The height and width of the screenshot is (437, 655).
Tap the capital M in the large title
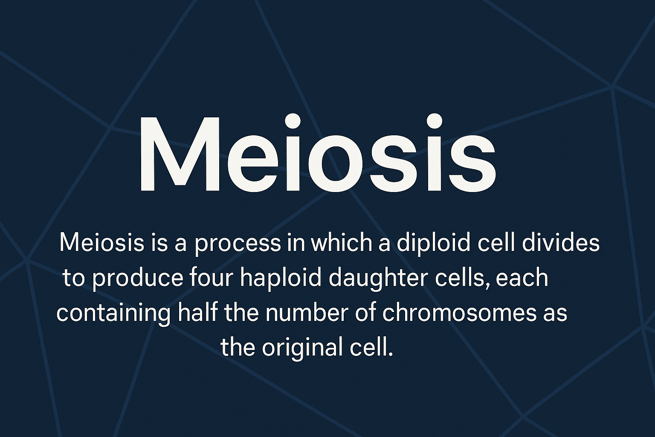(x=180, y=154)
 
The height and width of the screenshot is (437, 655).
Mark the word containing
(x=113, y=314)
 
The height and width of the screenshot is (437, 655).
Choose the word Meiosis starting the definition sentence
(x=102, y=242)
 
